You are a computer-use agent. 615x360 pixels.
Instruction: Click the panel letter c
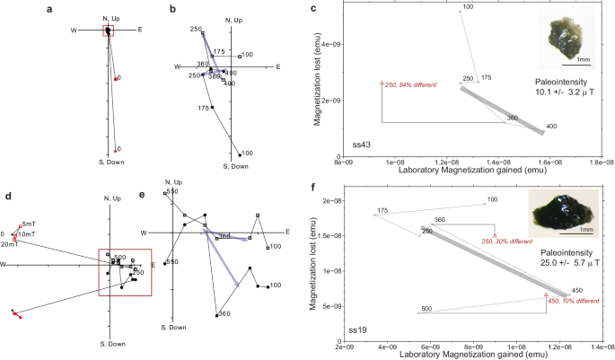[x=312, y=9]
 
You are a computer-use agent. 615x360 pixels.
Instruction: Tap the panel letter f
[x=312, y=189]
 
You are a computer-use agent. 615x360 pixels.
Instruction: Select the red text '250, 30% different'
[x=508, y=241]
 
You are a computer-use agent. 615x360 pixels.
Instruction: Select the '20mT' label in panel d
[x=12, y=243]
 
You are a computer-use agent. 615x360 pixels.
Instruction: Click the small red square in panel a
[x=108, y=31]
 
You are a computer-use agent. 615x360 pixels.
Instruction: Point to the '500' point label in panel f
[x=427, y=309]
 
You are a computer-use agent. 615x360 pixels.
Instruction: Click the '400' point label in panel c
[x=550, y=126]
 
